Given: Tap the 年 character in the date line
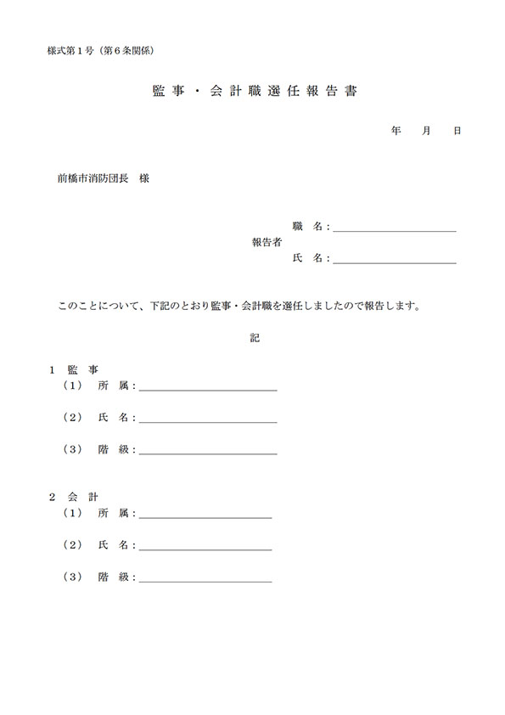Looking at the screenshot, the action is (396, 132).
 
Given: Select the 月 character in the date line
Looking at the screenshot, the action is (427, 132).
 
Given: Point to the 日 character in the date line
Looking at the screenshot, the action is (457, 132).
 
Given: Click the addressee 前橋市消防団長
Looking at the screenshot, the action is (86, 179).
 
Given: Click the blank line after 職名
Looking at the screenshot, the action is (395, 228).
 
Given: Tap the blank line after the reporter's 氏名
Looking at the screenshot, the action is (395, 260).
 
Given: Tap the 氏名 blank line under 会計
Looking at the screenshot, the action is (205, 545).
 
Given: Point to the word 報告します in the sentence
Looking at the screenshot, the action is (391, 305).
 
